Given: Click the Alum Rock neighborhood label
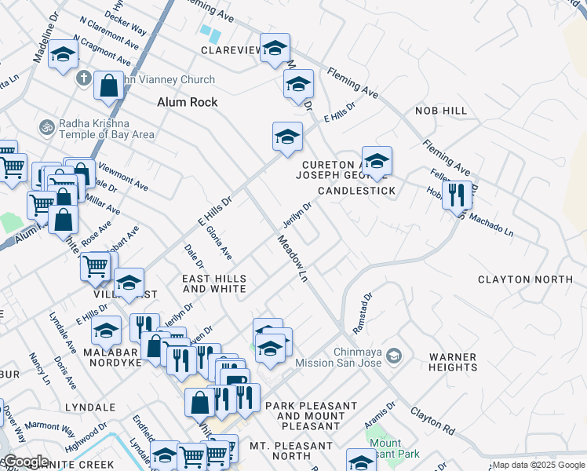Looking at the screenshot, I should (187, 102).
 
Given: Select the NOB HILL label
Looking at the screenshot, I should (441, 111).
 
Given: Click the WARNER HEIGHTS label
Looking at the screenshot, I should (453, 362).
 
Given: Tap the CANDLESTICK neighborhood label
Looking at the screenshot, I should (356, 191).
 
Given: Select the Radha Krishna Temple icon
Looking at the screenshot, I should (46, 126).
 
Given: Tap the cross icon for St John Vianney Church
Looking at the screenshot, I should (84, 79).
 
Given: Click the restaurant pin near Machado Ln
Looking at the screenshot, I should (457, 194).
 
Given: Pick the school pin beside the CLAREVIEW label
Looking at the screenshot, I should (275, 49).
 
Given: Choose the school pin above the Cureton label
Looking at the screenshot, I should (377, 161).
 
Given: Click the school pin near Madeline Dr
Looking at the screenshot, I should (63, 55).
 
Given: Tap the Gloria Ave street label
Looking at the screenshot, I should (219, 243).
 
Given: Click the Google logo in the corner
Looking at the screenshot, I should (25, 462).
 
